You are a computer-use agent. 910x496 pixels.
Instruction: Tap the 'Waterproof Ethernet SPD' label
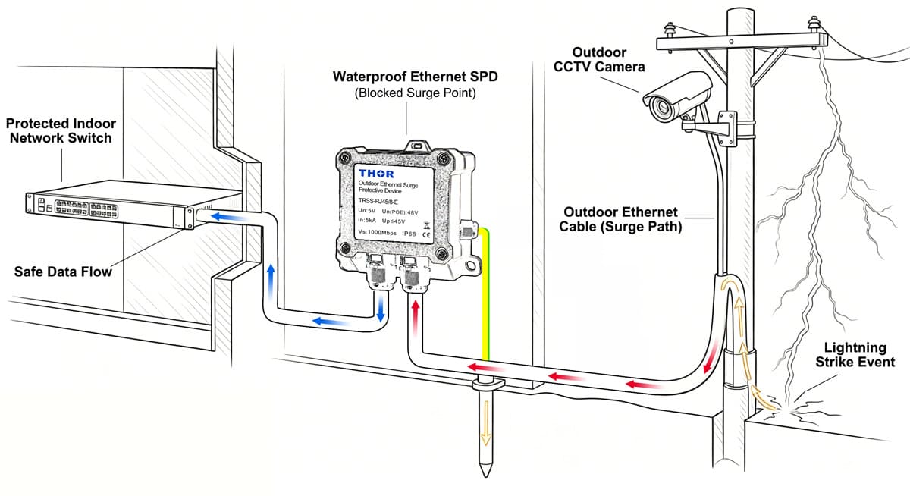[406, 77]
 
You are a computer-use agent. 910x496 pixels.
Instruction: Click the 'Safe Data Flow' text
[63, 271]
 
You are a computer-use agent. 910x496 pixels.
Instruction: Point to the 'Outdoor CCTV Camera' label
[599, 59]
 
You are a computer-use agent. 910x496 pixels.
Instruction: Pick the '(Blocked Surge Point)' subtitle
[406, 93]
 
